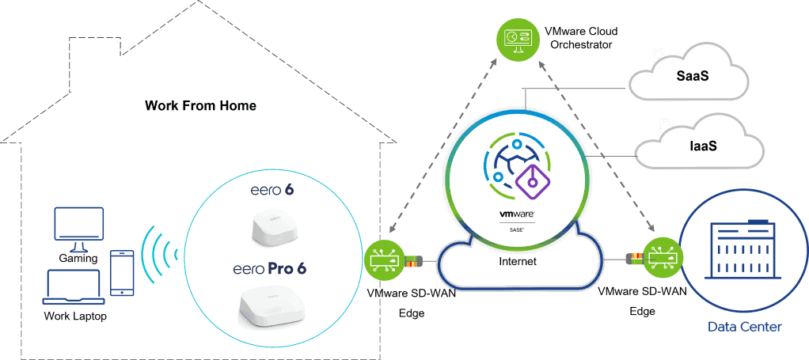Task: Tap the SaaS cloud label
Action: tap(692, 76)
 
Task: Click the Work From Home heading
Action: tap(201, 106)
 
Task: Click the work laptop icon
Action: tap(75, 287)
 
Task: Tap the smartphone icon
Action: tap(122, 273)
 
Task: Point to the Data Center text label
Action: tap(745, 327)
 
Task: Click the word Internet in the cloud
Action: tap(518, 261)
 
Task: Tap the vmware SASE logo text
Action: tap(516, 220)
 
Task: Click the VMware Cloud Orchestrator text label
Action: tap(581, 38)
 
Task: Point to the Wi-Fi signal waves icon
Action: tap(159, 254)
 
